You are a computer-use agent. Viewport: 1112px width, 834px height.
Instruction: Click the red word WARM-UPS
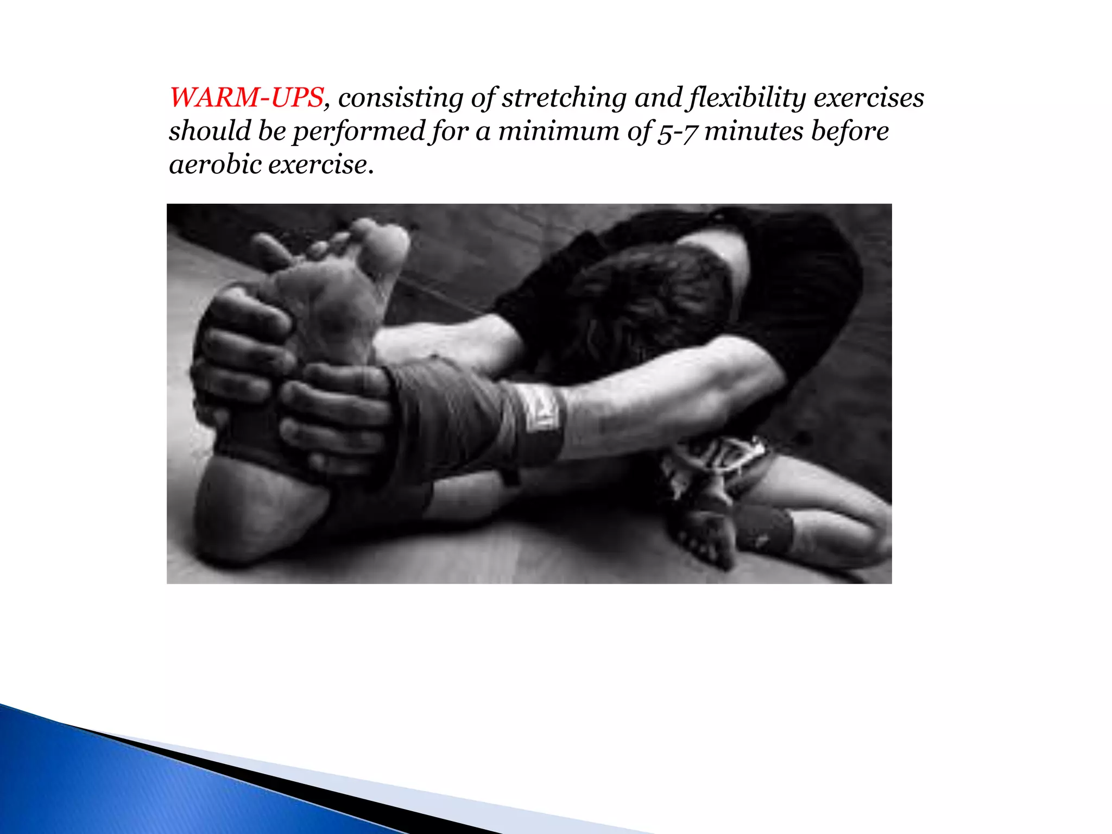point(247,98)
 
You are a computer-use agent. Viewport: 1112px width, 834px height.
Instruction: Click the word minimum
point(559,132)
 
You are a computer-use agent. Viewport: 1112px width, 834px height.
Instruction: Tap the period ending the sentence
point(371,173)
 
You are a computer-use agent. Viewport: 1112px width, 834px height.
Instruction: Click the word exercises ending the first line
point(869,98)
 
